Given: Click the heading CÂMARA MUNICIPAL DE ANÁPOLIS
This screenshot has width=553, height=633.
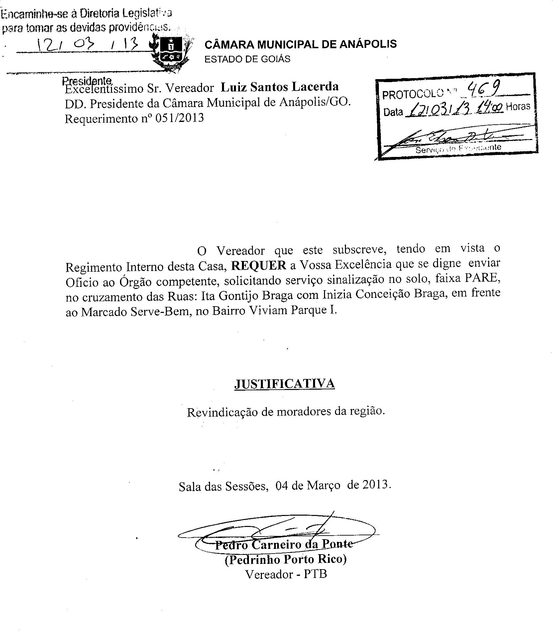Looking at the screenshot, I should click(300, 44).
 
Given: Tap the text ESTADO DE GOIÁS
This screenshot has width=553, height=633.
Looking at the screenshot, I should click(247, 59).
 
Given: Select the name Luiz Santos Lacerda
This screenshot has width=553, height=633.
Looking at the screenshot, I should click(279, 87).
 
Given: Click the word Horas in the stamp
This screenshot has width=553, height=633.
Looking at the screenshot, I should click(517, 107).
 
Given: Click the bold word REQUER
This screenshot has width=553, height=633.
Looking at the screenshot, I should click(259, 265).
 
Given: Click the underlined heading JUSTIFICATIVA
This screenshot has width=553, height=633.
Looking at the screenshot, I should click(284, 384).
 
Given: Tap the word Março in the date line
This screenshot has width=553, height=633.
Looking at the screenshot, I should click(323, 485).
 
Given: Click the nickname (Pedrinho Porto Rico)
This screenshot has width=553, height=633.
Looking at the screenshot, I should click(285, 560).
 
